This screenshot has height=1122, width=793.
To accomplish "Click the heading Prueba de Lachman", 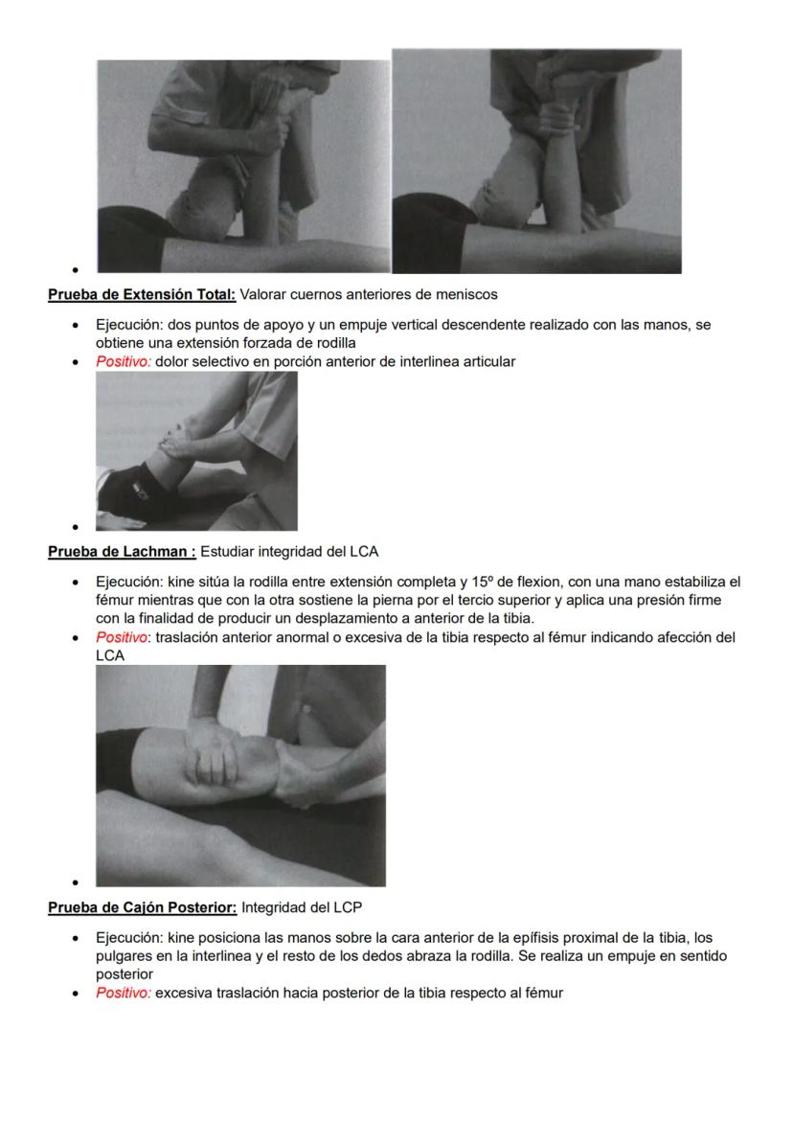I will tap(122, 551).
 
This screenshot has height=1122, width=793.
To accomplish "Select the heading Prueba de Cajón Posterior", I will tap(143, 906).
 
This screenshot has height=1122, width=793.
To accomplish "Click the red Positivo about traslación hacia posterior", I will tap(124, 993).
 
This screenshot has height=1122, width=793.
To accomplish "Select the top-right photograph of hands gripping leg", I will tap(537, 162).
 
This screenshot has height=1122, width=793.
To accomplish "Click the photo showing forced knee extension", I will tap(196, 450).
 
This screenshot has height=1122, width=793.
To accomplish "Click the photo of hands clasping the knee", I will tap(240, 775).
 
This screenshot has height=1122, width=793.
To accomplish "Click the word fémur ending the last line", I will tap(543, 993).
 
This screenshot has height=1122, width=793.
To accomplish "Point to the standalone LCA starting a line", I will tap(110, 656).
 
